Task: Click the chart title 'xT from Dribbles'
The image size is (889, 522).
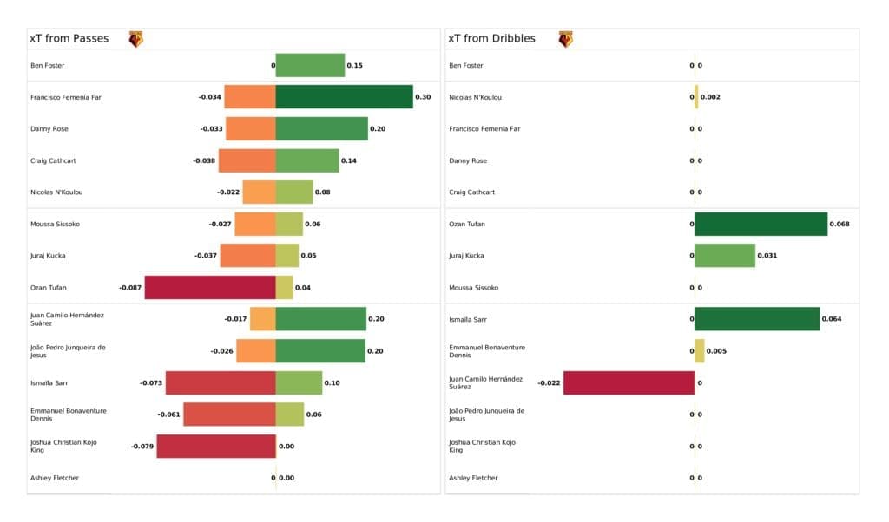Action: click(491, 39)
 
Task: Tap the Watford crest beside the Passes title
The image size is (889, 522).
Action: click(136, 39)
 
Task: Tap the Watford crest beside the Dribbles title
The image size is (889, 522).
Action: click(565, 39)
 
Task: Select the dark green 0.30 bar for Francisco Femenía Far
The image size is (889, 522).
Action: click(344, 97)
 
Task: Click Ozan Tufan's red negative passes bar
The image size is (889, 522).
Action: click(210, 287)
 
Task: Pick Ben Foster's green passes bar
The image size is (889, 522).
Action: click(310, 65)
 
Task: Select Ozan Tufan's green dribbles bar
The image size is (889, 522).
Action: click(761, 224)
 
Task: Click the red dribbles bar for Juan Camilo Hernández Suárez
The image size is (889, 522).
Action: click(629, 382)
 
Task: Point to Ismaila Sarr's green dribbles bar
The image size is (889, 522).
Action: click(757, 319)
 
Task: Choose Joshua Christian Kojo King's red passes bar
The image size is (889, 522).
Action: click(216, 446)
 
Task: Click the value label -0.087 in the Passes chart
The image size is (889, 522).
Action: click(130, 287)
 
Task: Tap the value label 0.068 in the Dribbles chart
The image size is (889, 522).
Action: click(840, 224)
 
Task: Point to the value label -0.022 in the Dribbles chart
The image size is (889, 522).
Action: click(549, 382)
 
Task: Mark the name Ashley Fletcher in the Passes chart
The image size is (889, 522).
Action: click(55, 478)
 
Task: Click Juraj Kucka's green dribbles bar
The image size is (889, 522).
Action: click(725, 256)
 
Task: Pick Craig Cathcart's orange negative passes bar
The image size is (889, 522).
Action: click(247, 160)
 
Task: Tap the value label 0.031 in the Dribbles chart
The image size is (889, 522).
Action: click(767, 256)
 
